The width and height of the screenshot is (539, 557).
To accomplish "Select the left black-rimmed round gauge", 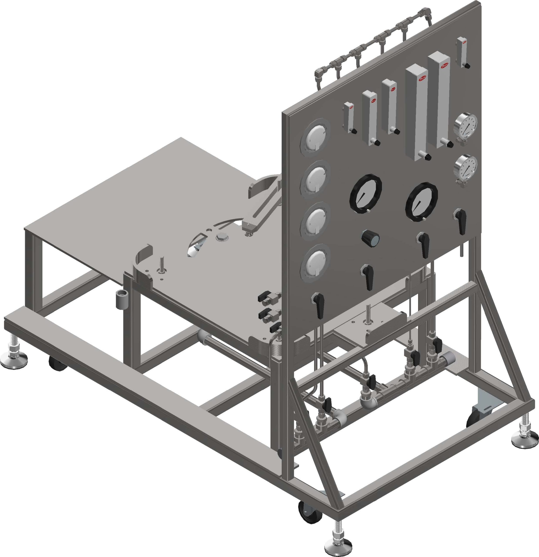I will (x=365, y=193).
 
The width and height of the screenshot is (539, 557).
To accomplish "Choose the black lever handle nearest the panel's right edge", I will (x=460, y=220).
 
